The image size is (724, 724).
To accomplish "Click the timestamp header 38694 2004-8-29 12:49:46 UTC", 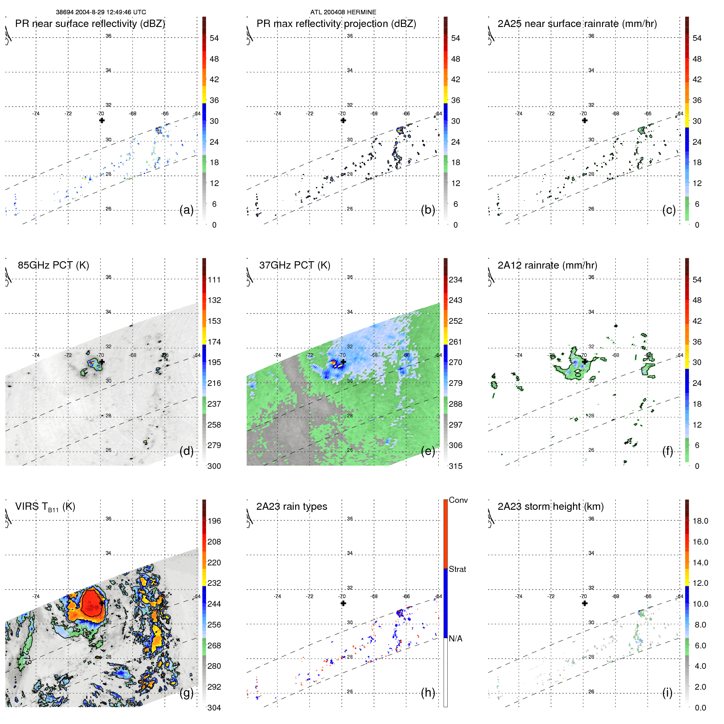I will click(x=101, y=12).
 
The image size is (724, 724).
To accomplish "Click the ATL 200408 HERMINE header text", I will click(x=343, y=12).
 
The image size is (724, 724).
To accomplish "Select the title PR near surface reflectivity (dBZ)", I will click(x=90, y=24).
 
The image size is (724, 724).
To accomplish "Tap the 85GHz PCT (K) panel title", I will click(x=53, y=265).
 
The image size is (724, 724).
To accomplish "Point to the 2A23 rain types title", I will click(x=291, y=507).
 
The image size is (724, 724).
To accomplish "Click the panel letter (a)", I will click(x=186, y=210).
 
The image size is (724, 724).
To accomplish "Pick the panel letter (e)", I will click(x=428, y=451).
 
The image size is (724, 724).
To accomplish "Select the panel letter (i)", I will click(x=667, y=693).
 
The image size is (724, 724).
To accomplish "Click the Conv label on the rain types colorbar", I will click(x=458, y=500).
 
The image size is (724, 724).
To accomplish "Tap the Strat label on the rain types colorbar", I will click(x=457, y=569).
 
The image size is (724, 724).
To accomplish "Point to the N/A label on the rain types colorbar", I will click(x=455, y=639).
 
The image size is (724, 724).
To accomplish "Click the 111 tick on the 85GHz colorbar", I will click(x=214, y=280).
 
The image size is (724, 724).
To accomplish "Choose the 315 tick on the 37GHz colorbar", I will click(x=455, y=466).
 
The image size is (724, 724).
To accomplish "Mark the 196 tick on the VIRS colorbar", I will click(x=214, y=521).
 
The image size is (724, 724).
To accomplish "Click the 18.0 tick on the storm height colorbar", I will click(x=700, y=521).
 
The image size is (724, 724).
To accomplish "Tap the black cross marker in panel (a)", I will click(x=102, y=120).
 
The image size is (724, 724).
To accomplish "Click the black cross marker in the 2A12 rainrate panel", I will click(x=585, y=361).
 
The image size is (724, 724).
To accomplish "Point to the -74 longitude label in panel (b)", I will click(x=278, y=114).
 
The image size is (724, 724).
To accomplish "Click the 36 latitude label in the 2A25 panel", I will click(x=591, y=36).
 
